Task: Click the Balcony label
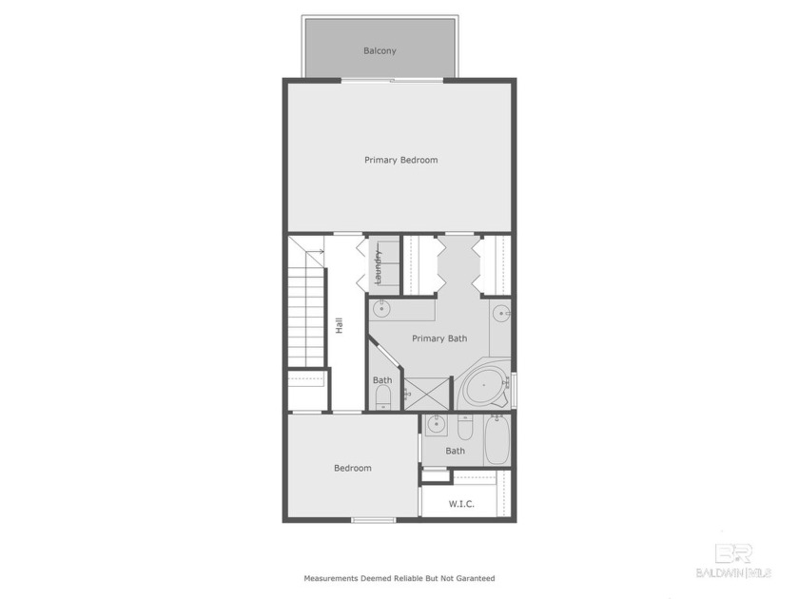[380, 50]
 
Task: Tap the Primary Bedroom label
[400, 160]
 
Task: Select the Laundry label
[378, 267]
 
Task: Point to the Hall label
[339, 324]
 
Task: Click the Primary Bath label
[438, 338]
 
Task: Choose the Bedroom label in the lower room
[352, 468]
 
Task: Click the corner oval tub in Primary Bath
[484, 388]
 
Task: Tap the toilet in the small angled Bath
[383, 396]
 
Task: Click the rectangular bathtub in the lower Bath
[497, 440]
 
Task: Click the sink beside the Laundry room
[381, 309]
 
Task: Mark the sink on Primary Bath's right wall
[500, 313]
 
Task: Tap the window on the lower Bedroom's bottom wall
[374, 519]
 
